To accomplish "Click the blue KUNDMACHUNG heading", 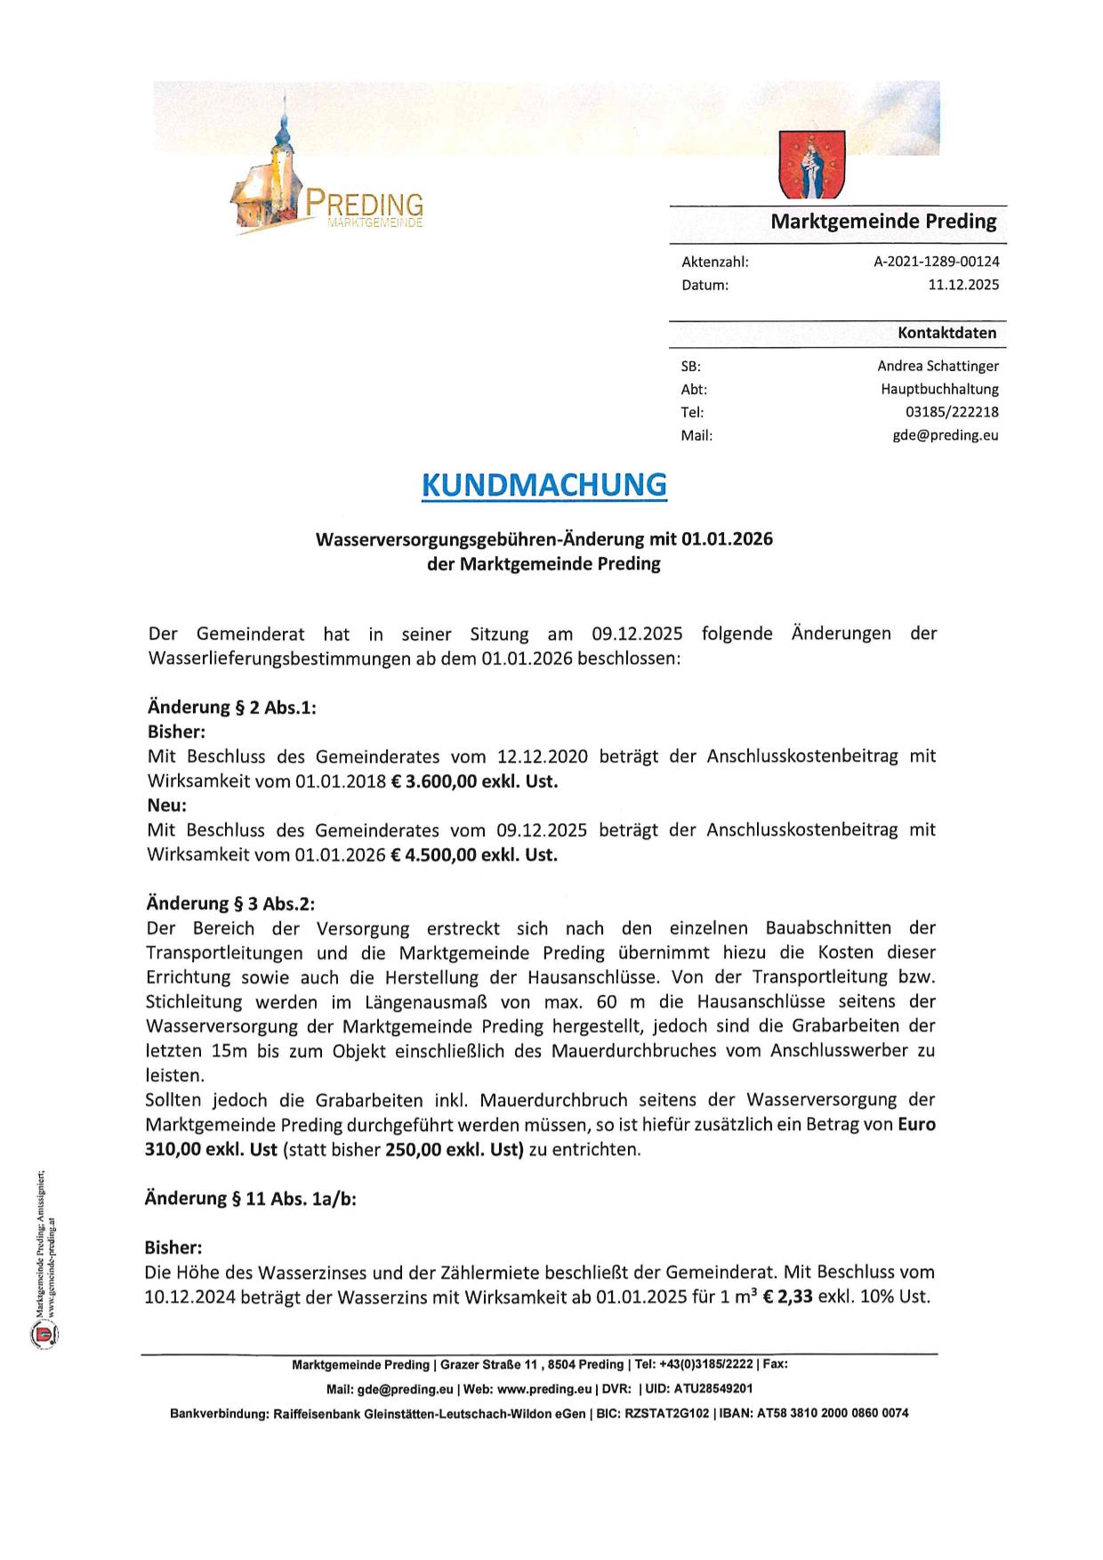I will pos(543,485).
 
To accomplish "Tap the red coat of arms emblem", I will pos(811,164).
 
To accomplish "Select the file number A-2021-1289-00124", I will pos(937,262).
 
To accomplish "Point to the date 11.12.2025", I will pos(963,285).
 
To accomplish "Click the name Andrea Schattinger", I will pos(938,366).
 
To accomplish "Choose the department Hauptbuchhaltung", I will pos(939,389).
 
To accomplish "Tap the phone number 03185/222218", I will pos(952,412).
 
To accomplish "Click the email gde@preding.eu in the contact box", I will pos(946,435).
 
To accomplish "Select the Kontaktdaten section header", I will pos(946,333).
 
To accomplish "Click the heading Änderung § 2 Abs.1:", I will pos(231,707).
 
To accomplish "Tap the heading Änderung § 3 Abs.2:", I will pos(230,903).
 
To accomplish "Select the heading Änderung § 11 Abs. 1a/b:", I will pos(250,1198).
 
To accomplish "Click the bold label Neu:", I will pos(166,805).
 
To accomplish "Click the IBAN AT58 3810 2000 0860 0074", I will pos(846,1413).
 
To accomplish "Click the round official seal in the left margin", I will pos(43,1334).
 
